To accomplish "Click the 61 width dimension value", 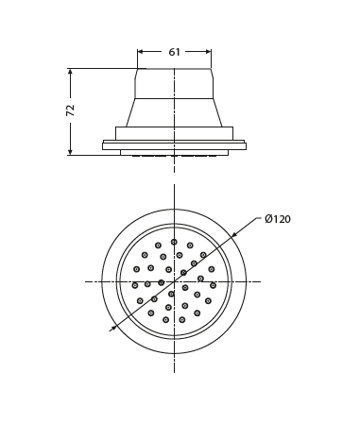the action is pyautogui.click(x=174, y=52).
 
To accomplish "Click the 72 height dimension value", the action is pyautogui.click(x=71, y=110).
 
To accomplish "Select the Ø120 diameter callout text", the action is pyautogui.click(x=278, y=219).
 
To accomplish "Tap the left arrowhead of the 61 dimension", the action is pyautogui.click(x=141, y=52).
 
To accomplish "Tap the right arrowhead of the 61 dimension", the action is pyautogui.click(x=208, y=52).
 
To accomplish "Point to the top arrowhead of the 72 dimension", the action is pyautogui.click(x=70, y=72).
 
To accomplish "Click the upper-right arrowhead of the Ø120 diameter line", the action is pyautogui.click(x=234, y=234).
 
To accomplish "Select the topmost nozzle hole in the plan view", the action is pyautogui.click(x=174, y=242).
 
